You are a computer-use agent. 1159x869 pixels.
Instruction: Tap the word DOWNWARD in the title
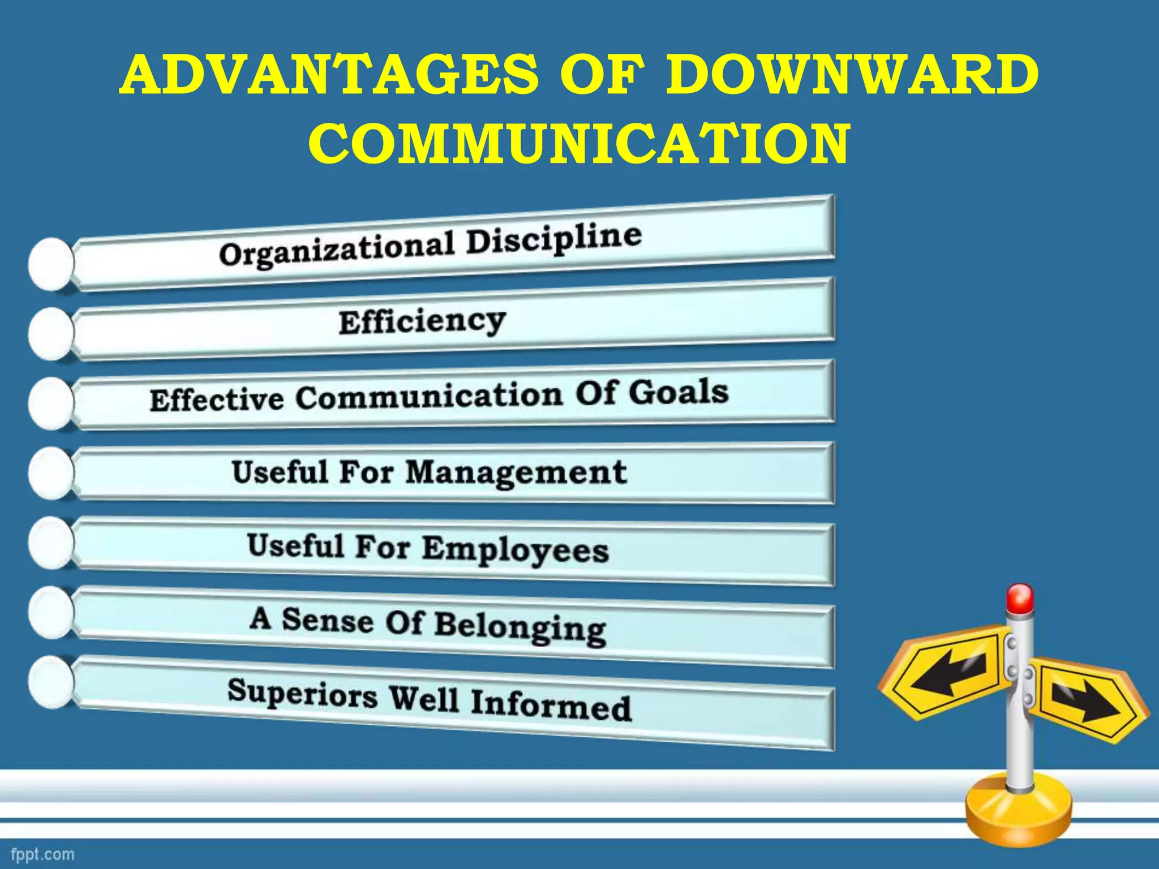click(852, 76)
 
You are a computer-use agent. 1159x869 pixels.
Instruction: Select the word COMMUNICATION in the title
click(579, 144)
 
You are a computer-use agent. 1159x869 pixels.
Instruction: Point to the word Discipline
click(554, 239)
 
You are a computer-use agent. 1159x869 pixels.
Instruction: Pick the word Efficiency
click(422, 322)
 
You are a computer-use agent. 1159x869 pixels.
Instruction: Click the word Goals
click(678, 392)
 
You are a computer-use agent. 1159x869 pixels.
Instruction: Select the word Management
click(516, 472)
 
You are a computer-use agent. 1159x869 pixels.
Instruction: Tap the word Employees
click(515, 550)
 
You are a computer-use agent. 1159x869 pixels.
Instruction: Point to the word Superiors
click(302, 692)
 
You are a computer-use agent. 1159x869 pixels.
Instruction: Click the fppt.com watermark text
click(42, 854)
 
